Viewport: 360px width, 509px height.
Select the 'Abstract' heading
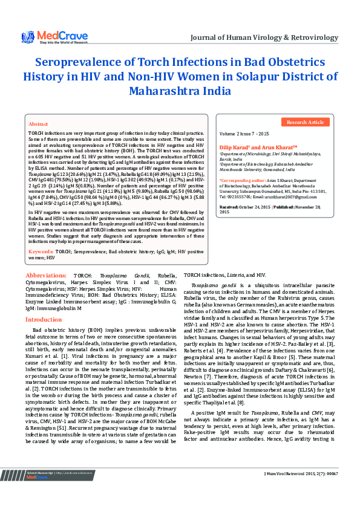click(x=38, y=123)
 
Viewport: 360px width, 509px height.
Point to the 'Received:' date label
click(x=229, y=207)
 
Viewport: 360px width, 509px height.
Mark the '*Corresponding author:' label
click(x=242, y=180)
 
